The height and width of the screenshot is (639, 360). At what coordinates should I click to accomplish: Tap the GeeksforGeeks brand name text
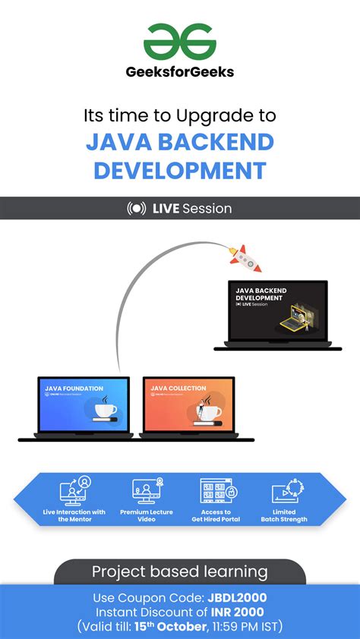[x=180, y=72]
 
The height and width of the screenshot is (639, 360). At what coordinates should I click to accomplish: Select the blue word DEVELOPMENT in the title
[x=180, y=169]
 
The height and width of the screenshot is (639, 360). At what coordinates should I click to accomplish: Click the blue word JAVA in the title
[x=115, y=142]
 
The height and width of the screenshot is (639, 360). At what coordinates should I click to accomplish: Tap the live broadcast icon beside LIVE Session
[x=137, y=209]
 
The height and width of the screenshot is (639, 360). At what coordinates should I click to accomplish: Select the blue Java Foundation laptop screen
[x=84, y=406]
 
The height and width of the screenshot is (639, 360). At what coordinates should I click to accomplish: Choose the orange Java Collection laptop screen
[x=188, y=406]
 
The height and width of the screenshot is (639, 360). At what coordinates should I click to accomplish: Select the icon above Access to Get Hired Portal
[x=216, y=491]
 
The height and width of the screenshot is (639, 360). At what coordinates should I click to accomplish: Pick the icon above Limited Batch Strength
[x=284, y=492]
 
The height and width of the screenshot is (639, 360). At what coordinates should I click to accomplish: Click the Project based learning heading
[x=180, y=571]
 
